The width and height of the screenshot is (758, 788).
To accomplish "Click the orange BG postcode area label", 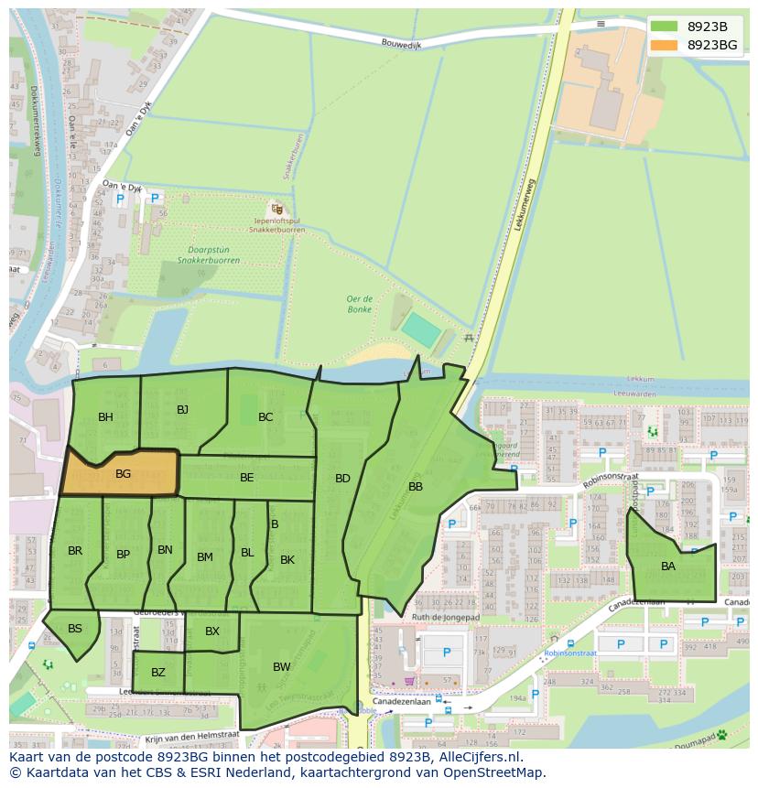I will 124,474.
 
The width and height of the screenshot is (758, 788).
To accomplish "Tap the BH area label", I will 105,417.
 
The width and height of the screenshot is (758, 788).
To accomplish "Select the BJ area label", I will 182,409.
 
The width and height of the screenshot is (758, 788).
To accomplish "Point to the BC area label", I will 265,417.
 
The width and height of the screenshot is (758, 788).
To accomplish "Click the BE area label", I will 247,477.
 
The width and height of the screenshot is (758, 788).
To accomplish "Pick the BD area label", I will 342,478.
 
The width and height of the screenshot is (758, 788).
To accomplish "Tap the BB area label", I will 416,487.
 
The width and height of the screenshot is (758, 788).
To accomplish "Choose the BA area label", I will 668,567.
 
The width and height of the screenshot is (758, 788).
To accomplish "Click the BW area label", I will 281,667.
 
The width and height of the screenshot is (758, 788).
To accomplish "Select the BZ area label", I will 158,673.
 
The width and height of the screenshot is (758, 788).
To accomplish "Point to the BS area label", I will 75,628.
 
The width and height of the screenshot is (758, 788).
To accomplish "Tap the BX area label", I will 212,631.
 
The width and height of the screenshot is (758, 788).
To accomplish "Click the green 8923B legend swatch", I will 665,27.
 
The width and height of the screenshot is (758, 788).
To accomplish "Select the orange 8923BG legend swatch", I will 665,45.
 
